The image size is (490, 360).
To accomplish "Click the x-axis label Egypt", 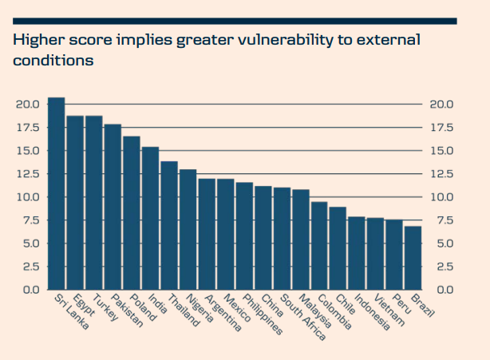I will tap(82, 307).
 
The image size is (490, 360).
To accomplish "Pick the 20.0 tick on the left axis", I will tap(27, 105).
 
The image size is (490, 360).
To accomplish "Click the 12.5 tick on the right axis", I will tap(441, 174).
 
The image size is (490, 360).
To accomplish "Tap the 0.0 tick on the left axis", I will tap(30, 290).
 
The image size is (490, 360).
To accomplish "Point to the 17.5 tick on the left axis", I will tap(27, 128).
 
